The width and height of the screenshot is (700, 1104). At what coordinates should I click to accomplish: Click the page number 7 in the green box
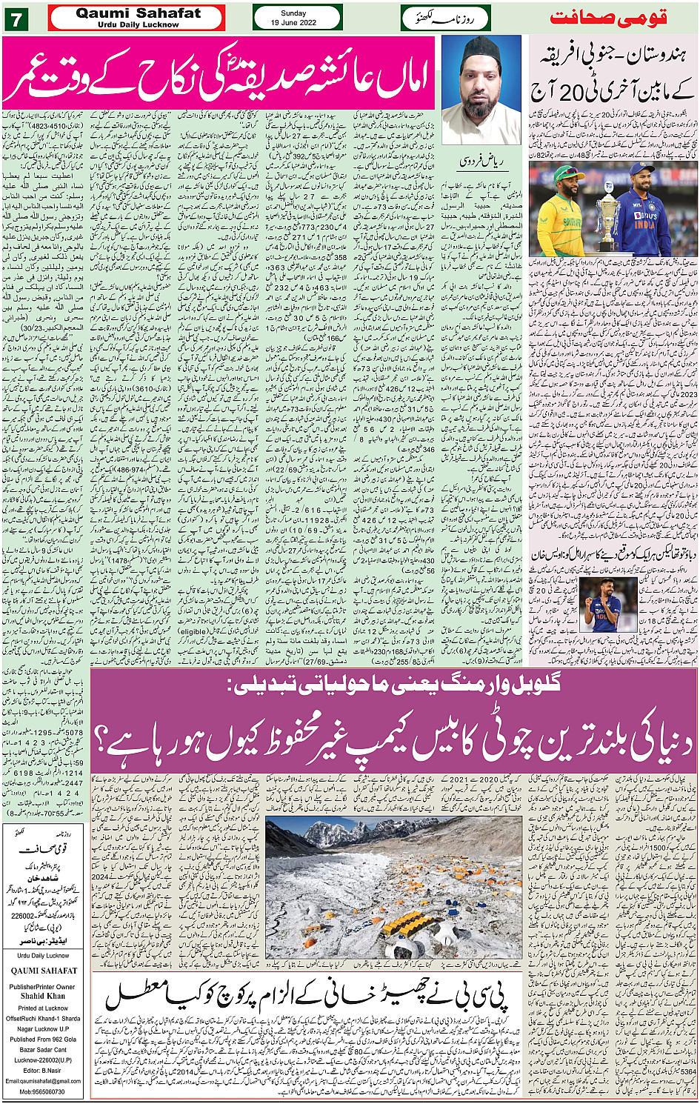click(x=16, y=19)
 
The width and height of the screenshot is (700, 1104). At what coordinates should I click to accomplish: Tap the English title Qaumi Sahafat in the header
click(x=139, y=14)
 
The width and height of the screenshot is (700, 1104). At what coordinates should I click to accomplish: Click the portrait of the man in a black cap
click(x=481, y=90)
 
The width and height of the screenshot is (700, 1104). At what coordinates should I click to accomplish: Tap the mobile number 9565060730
click(x=43, y=1091)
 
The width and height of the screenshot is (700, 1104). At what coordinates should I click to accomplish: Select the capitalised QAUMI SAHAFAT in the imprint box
click(x=44, y=971)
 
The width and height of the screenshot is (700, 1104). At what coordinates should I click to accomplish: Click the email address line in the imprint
click(x=43, y=1081)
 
